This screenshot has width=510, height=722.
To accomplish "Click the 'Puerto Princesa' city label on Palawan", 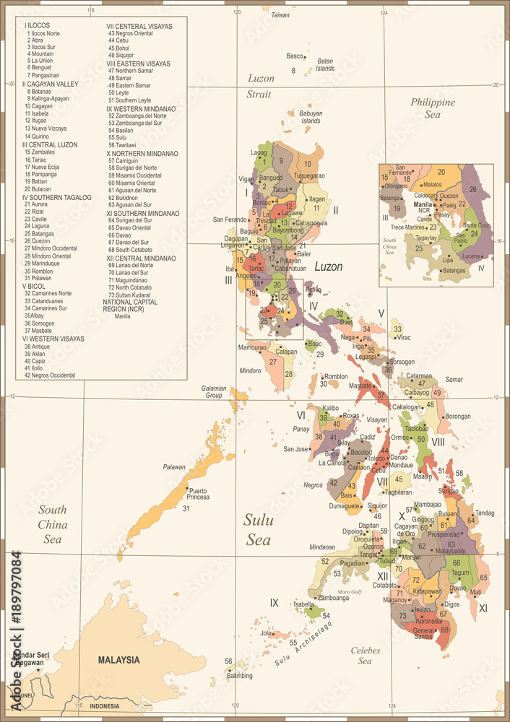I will tap(198, 495).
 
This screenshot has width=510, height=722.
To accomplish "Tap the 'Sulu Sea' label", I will tap(257, 529).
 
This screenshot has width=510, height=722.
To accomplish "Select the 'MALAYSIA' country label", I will tap(119, 660).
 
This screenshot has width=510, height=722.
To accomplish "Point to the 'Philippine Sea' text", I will tap(433, 108).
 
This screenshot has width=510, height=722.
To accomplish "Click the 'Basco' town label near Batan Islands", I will tap(295, 56).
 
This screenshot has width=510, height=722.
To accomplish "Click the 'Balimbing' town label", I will tap(240, 676).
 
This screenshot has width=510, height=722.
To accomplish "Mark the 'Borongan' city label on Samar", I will tap(457, 416).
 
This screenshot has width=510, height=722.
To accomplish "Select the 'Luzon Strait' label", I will tap(259, 86).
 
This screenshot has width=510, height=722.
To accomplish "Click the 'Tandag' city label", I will tap(485, 513).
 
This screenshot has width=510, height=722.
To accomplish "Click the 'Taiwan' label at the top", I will tap(280, 14).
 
